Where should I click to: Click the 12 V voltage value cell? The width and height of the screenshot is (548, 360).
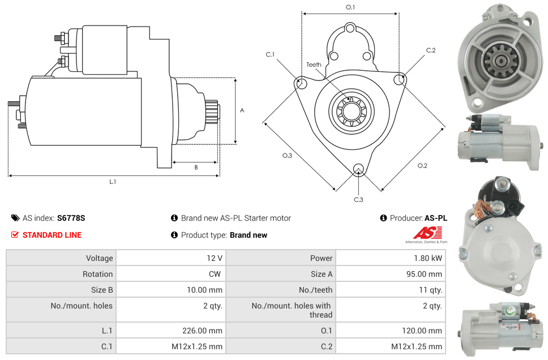[214, 258]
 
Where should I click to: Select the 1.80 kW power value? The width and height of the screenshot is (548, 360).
[429, 258]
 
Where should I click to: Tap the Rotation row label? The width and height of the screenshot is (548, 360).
[97, 274]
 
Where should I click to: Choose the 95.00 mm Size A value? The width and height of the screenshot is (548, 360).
[425, 274]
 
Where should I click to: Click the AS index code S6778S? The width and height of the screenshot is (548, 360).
[71, 218]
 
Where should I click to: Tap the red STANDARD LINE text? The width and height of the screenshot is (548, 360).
[52, 235]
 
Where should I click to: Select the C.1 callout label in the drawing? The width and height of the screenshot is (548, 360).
[270, 54]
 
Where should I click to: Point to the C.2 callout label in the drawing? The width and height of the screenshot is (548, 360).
[431, 50]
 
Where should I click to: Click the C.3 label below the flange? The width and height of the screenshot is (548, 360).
[358, 200]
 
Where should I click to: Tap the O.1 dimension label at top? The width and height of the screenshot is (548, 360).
[350, 7]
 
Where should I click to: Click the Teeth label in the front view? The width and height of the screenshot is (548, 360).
[314, 65]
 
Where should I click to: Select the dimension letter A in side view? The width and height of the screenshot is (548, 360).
[242, 110]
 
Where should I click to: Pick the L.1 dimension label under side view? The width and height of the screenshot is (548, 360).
[113, 182]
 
